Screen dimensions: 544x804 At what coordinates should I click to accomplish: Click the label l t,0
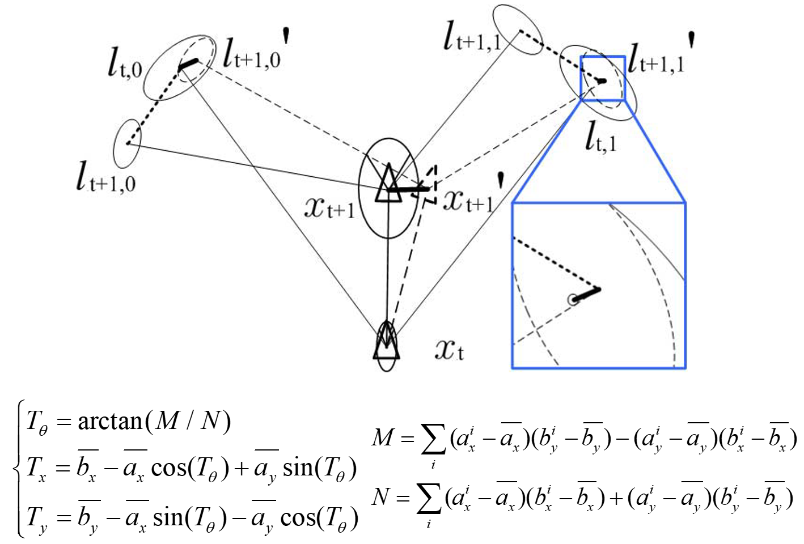pyautogui.click(x=125, y=64)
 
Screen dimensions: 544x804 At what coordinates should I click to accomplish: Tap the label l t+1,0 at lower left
pyautogui.click(x=106, y=176)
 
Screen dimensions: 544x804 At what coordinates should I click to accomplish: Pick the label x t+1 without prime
pyautogui.click(x=329, y=208)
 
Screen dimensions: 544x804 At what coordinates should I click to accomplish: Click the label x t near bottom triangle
pyautogui.click(x=449, y=349)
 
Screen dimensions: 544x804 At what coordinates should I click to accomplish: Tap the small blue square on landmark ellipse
pyautogui.click(x=602, y=78)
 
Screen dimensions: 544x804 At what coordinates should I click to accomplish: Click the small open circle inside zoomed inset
pyautogui.click(x=574, y=299)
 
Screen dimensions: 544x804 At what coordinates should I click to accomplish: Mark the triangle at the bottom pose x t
pyautogui.click(x=386, y=343)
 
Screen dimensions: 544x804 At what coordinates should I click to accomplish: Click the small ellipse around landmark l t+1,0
pyautogui.click(x=128, y=144)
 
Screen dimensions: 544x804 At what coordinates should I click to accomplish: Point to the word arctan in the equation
pyautogui.click(x=110, y=421)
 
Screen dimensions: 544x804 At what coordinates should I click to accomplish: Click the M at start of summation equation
pyautogui.click(x=384, y=437)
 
